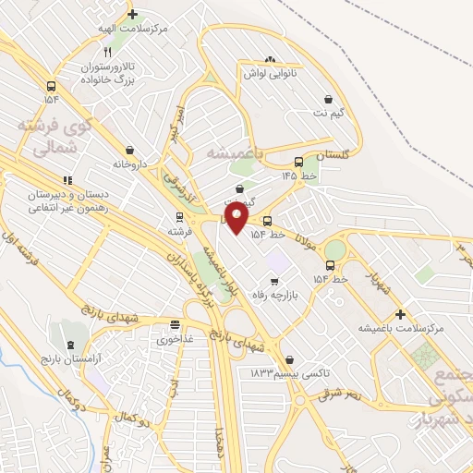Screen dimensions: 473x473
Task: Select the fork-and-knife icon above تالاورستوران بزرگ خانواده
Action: point(109,51)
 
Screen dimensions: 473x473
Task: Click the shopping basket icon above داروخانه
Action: point(129,150)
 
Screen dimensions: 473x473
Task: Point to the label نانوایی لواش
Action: point(269,72)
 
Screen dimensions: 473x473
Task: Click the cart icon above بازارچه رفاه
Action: point(273,281)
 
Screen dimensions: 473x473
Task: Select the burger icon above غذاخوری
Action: point(175,324)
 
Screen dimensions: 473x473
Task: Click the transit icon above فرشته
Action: point(180,218)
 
